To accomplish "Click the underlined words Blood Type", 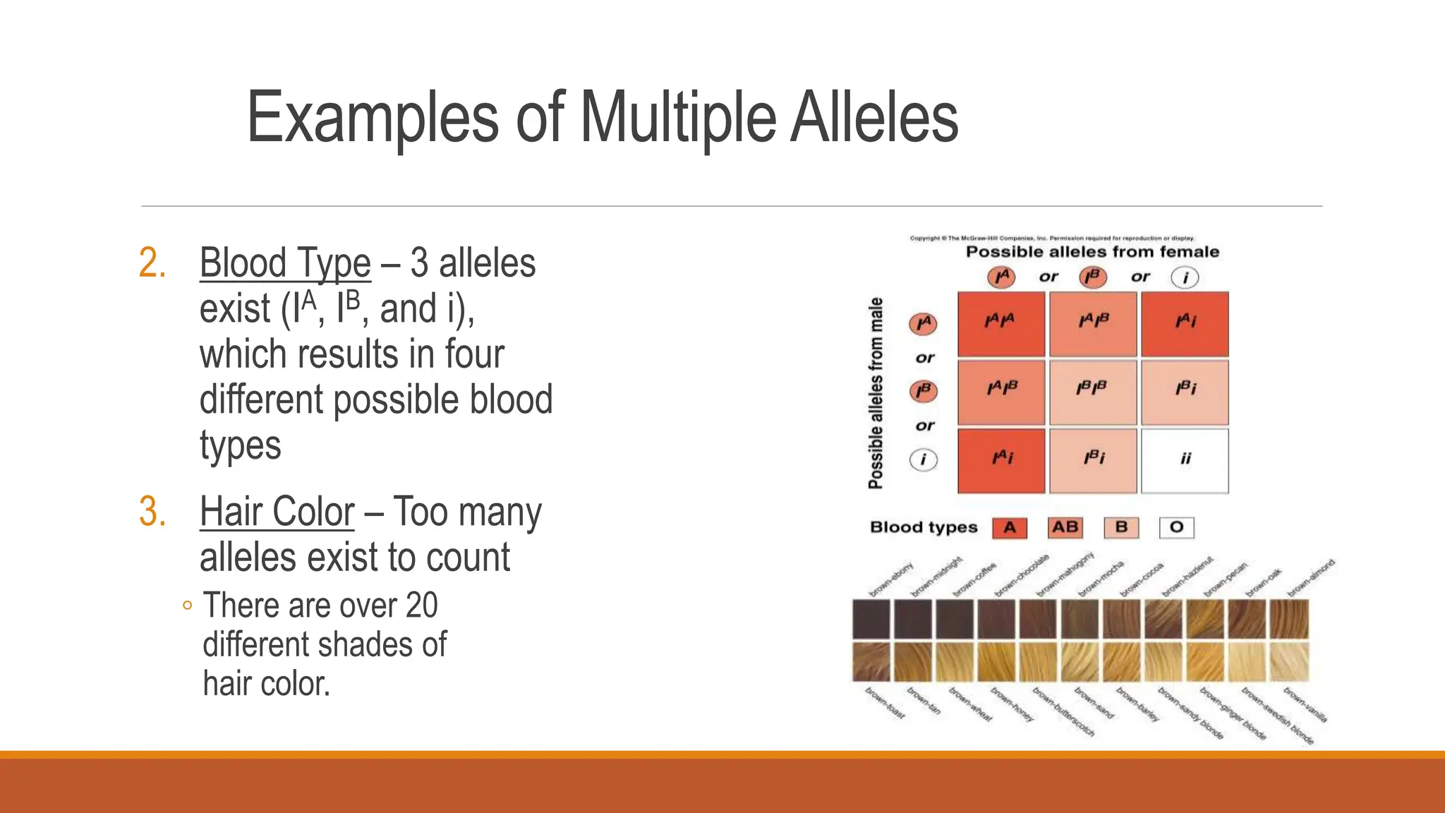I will (285, 263).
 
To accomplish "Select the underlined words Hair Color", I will (277, 512).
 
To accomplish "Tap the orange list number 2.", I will (152, 263).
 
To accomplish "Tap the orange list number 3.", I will (152, 512).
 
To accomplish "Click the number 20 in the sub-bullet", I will (421, 606).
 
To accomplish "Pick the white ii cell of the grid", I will (1185, 460).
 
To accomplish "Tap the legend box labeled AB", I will (1065, 527).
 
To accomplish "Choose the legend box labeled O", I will (1176, 527).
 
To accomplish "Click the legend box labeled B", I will (1121, 527).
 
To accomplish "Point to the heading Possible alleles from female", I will (1092, 252).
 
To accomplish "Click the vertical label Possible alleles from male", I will (876, 393).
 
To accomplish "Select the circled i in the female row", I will (1185, 277).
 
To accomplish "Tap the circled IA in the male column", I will (923, 324).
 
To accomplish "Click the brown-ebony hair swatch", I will (871, 619).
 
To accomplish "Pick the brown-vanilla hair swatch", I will (1289, 661).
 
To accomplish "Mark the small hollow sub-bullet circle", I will (187, 606).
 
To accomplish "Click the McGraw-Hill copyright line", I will (1051, 239).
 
